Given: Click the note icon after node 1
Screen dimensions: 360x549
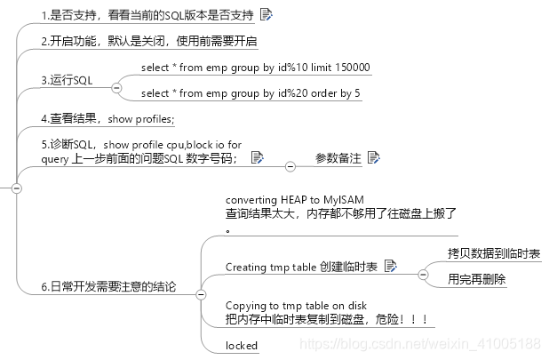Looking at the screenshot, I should (x=267, y=14).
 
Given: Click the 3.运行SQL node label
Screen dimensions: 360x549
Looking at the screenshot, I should (x=67, y=81).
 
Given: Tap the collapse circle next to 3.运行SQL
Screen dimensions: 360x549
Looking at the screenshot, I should (x=115, y=89).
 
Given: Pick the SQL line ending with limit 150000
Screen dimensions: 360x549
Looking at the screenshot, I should (x=255, y=68).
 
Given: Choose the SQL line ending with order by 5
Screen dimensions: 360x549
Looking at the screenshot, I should (x=250, y=93).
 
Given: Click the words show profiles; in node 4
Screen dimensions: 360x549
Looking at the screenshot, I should (x=141, y=118).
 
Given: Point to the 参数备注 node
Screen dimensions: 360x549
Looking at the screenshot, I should (x=338, y=157).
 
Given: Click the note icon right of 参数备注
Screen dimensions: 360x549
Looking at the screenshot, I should (x=373, y=157).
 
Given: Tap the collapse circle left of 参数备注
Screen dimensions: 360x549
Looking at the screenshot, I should (x=289, y=166).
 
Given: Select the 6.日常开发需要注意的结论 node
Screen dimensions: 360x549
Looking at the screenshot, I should (x=108, y=286).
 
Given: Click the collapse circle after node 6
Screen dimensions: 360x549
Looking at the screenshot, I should (x=200, y=294).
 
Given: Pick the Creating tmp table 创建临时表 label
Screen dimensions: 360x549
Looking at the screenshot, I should (x=302, y=267).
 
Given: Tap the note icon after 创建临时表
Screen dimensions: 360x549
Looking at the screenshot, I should (x=390, y=266).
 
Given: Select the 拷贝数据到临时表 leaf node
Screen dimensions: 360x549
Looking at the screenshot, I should (x=494, y=254).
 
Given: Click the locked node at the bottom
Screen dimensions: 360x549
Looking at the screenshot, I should (x=242, y=345).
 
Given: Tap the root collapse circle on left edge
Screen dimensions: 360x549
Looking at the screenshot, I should (x=15, y=188).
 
